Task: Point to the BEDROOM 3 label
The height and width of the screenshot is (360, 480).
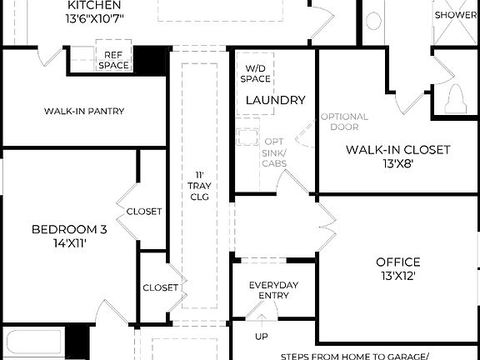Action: click(70, 230)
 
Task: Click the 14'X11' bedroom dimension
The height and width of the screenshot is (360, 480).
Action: click(70, 244)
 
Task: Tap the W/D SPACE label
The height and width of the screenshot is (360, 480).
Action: click(255, 73)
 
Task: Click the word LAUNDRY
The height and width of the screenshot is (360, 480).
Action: click(275, 100)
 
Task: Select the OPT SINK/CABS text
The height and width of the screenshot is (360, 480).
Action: click(275, 153)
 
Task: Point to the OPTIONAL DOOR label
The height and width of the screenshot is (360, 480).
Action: click(344, 122)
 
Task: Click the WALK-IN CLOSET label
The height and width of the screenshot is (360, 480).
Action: click(398, 150)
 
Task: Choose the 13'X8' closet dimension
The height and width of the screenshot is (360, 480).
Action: click(398, 164)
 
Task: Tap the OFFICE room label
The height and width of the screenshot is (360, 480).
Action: click(398, 262)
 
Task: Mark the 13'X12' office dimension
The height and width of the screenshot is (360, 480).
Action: click(398, 276)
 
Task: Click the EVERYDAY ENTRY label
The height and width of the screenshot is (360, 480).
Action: click(273, 291)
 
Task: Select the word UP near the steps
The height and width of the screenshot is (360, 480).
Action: click(262, 337)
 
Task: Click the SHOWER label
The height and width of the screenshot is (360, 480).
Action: click(456, 15)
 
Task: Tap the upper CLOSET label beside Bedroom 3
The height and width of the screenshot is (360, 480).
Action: click(144, 212)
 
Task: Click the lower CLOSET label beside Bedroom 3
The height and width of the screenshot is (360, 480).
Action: click(161, 287)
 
